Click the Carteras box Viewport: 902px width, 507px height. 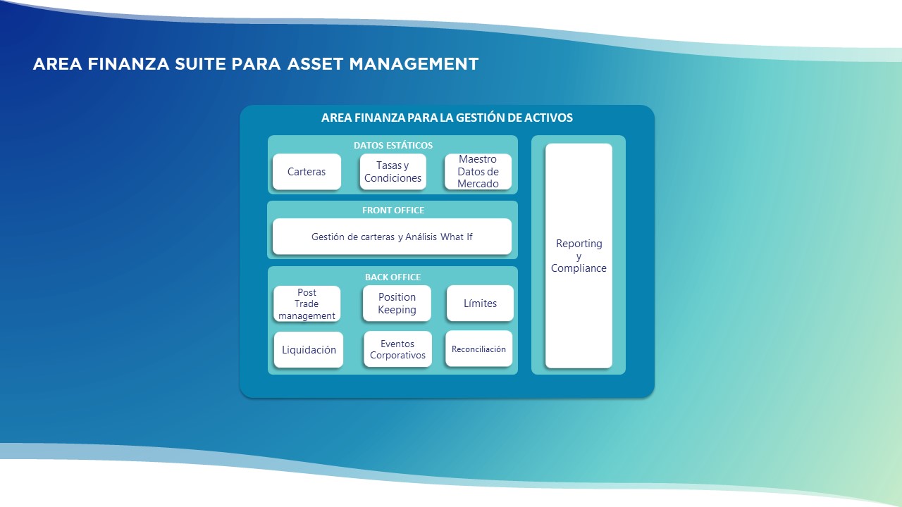coord(307,172)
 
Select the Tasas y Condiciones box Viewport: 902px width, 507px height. coord(393,172)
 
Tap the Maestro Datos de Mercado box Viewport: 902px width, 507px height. coord(478,172)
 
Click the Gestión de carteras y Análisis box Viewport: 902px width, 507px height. coord(392,237)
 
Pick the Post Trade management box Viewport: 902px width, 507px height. coord(307,303)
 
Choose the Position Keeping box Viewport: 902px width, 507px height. coord(397,303)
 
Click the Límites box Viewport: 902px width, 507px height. coord(480,303)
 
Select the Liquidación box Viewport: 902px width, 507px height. coord(309,350)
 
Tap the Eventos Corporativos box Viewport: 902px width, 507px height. coord(397,349)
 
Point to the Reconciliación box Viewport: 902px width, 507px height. coord(478,349)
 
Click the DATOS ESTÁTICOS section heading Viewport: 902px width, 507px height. coord(393,145)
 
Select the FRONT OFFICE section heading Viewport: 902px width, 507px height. coord(393,210)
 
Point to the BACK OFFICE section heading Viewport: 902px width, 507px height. coord(393,277)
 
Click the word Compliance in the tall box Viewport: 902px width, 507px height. coord(579,268)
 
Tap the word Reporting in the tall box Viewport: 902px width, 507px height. coord(579,244)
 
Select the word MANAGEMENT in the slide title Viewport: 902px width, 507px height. coord(414,64)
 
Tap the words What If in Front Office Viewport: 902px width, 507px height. coord(456,237)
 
